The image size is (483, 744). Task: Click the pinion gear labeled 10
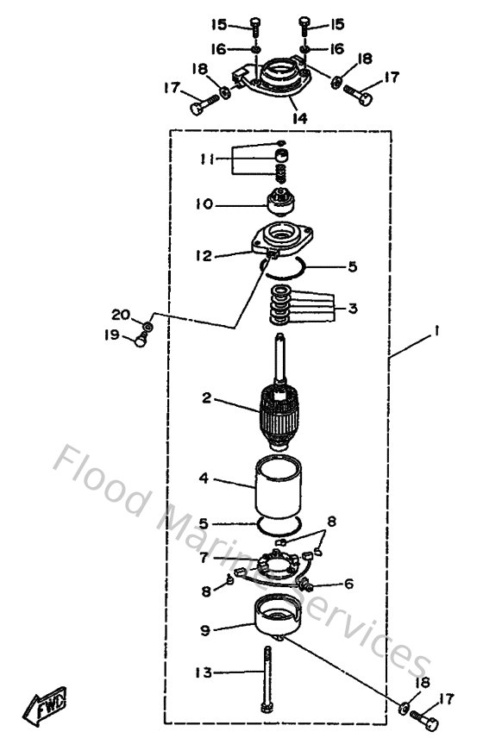click(280, 206)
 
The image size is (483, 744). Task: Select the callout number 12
click(204, 255)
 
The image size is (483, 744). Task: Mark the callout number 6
click(348, 584)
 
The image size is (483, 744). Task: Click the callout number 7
click(204, 558)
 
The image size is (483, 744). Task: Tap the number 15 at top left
click(219, 23)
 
